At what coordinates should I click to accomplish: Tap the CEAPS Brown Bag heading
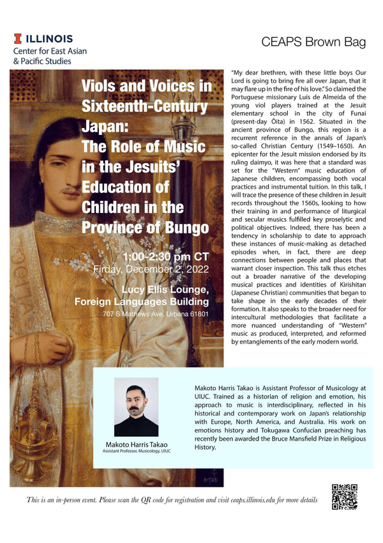[313, 42]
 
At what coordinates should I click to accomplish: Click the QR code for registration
[345, 497]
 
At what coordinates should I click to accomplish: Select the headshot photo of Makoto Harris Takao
[135, 407]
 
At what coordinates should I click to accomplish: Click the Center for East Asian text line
[49, 51]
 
